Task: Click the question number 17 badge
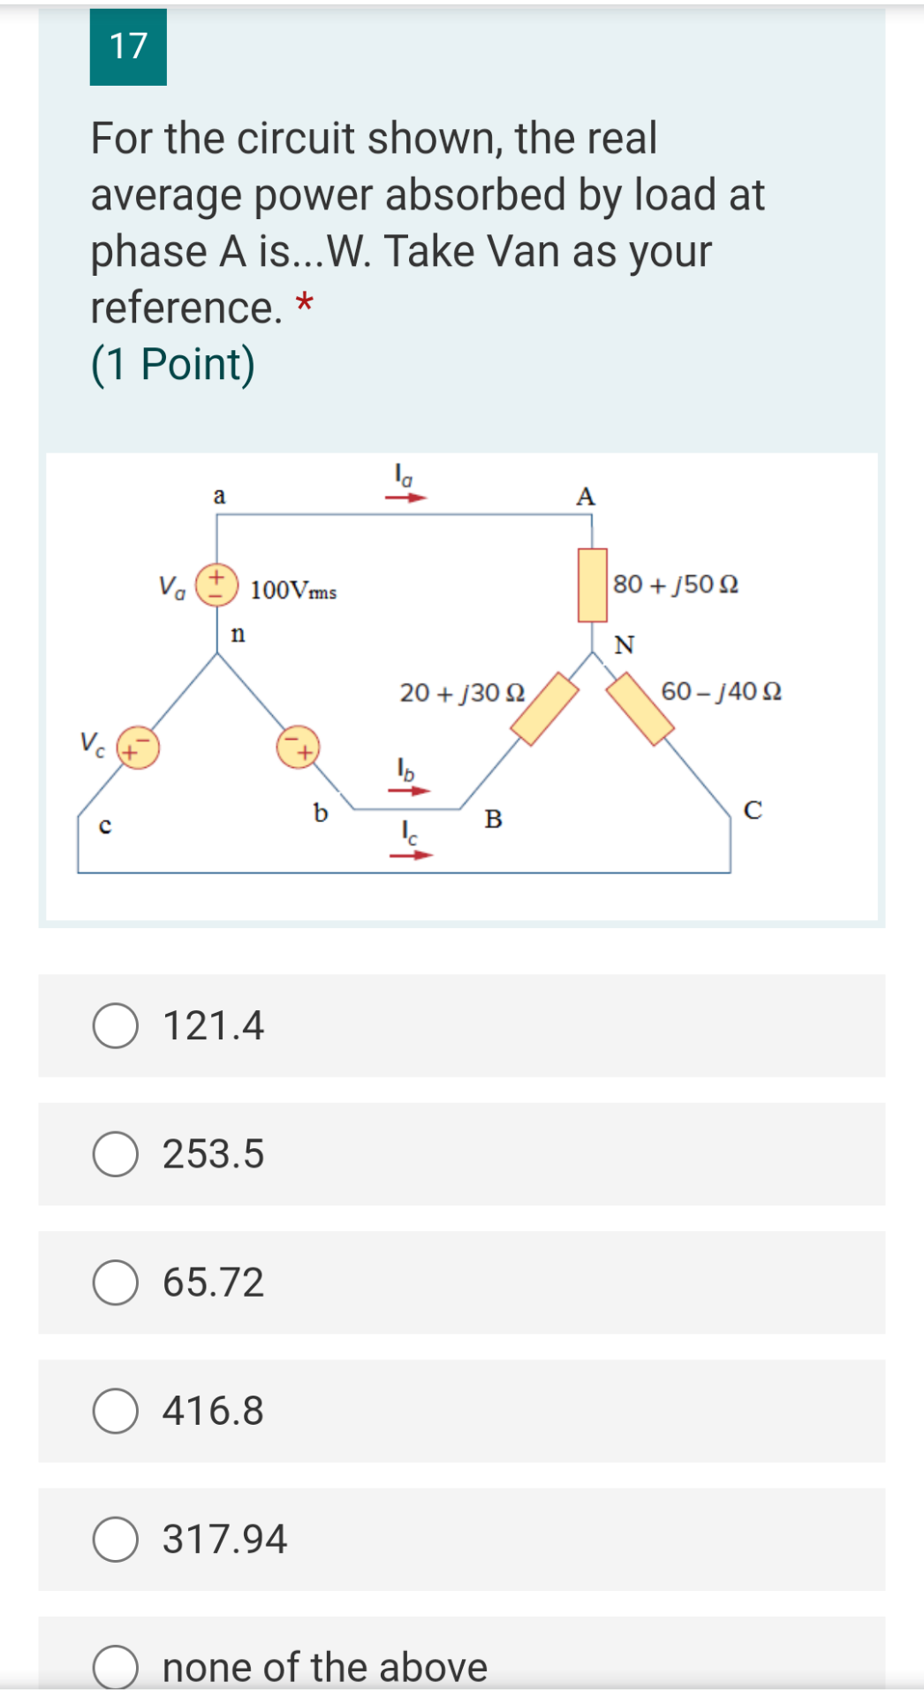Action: pyautogui.click(x=128, y=47)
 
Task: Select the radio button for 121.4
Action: pyautogui.click(x=116, y=1026)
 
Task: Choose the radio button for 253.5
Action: pyautogui.click(x=116, y=1154)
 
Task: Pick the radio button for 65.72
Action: pyautogui.click(x=116, y=1282)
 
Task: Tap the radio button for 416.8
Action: pyautogui.click(x=116, y=1411)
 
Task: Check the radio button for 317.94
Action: pyautogui.click(x=116, y=1540)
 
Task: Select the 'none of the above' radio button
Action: pyautogui.click(x=116, y=1667)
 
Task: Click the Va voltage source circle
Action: pyautogui.click(x=216, y=584)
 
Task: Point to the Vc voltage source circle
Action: pyautogui.click(x=138, y=748)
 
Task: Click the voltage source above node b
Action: pyautogui.click(x=298, y=748)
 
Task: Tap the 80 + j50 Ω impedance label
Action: pyautogui.click(x=676, y=584)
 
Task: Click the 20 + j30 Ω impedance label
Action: pyautogui.click(x=462, y=692)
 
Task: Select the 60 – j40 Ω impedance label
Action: pyautogui.click(x=721, y=690)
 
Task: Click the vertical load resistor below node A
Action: pyautogui.click(x=592, y=585)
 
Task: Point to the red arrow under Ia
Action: pyautogui.click(x=405, y=498)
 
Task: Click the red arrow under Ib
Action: pyautogui.click(x=408, y=790)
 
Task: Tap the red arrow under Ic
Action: pyautogui.click(x=412, y=855)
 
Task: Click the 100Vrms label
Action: pyautogui.click(x=293, y=590)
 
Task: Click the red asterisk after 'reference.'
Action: pyautogui.click(x=304, y=303)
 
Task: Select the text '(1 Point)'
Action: pyautogui.click(x=173, y=364)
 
